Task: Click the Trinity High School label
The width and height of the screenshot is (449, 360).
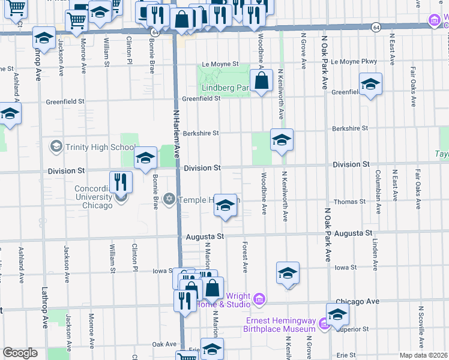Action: point(100,147)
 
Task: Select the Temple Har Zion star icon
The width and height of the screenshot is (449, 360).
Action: point(169,199)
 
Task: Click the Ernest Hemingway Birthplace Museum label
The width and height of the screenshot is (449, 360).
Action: point(280,325)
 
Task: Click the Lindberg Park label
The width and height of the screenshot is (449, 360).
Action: point(224,88)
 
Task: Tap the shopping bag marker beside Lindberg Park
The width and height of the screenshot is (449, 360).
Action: point(262,80)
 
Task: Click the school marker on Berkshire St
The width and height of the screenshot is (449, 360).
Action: point(282,140)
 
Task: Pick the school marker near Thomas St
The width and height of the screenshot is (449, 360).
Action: point(225,205)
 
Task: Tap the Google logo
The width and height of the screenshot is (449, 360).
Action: point(20,353)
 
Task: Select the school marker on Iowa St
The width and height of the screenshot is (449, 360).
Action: point(288,272)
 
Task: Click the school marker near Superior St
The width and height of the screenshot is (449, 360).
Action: point(337,314)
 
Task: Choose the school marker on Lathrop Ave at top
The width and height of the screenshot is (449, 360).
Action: point(44,38)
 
